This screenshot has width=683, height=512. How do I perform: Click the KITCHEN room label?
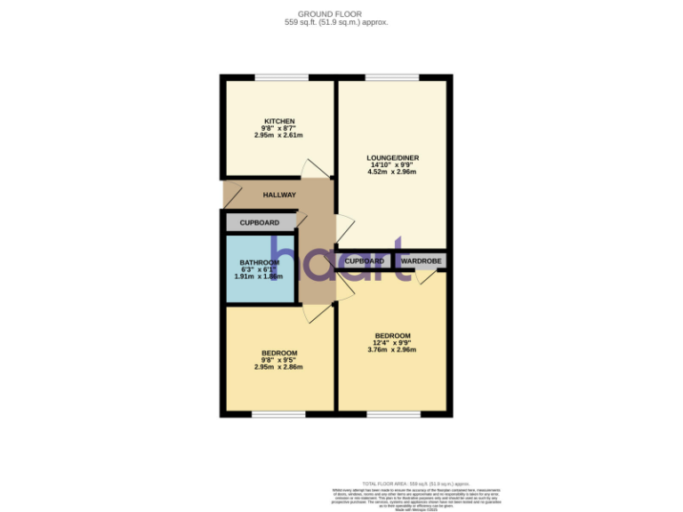click(278, 121)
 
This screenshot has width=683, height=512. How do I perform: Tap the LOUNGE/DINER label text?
click(392, 158)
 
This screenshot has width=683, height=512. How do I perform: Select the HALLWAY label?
click(278, 195)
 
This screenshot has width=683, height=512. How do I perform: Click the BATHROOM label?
click(260, 262)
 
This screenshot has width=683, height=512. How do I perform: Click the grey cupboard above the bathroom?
click(260, 222)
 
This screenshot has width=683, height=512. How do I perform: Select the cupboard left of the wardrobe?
click(364, 261)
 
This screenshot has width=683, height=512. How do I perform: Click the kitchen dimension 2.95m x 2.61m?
click(278, 136)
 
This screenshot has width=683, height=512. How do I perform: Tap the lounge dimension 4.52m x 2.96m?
click(392, 172)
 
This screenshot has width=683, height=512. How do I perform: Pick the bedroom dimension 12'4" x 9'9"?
click(392, 342)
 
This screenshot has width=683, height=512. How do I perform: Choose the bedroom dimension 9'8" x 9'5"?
click(278, 360)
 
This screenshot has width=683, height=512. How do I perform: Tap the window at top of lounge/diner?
click(392, 77)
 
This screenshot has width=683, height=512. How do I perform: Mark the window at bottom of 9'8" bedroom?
click(278, 414)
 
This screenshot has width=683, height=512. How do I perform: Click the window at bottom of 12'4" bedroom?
click(392, 414)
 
